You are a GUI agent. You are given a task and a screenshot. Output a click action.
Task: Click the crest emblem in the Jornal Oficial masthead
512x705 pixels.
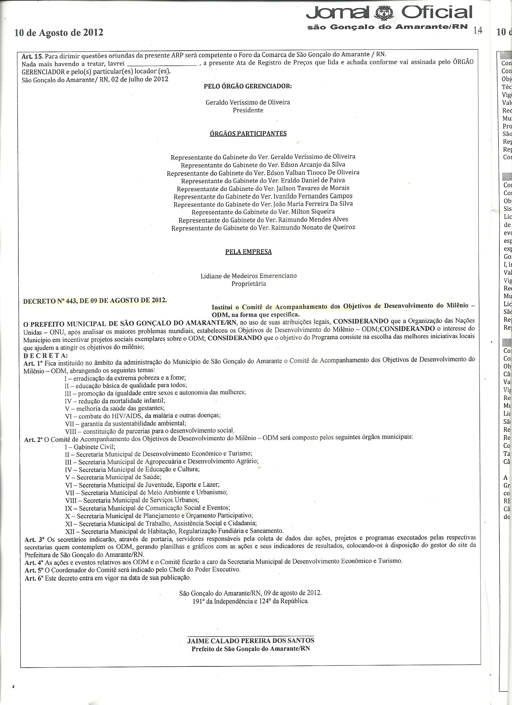383,13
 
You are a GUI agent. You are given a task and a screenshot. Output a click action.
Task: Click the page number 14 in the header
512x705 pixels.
478,30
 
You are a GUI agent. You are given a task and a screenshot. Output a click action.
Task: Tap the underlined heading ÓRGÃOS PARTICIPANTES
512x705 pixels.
248,134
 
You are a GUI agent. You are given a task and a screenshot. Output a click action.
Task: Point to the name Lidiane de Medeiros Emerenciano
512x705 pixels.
248,276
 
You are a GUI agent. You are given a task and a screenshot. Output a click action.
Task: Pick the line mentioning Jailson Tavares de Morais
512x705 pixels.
263,188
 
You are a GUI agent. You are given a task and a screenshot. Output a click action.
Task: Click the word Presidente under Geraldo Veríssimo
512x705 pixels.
248,110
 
